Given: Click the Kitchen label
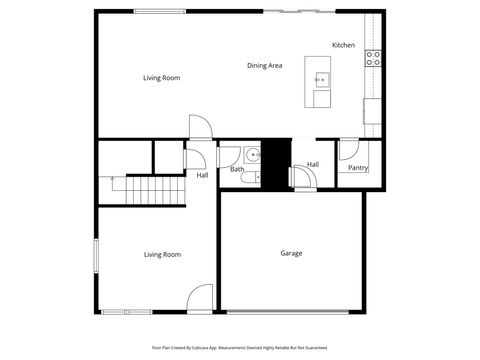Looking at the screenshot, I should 343,45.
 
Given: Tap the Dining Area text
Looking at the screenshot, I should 265,66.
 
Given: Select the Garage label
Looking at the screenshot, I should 290,253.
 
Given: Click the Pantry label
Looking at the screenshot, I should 357,168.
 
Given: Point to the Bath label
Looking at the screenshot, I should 237,169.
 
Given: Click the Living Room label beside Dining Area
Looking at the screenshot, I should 161,77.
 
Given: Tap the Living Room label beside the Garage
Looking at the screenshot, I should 162,255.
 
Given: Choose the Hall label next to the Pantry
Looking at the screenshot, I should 313,165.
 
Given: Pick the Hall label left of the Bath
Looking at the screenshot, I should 202,175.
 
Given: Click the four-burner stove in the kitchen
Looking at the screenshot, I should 373,58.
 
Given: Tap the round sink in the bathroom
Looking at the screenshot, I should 253,154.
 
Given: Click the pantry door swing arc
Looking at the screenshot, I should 347,151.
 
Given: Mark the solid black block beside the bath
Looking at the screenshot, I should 276,160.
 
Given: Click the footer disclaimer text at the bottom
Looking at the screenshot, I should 239,348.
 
